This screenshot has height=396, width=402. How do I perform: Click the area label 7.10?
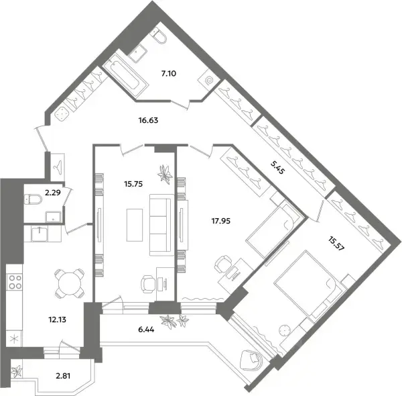[x=169, y=74]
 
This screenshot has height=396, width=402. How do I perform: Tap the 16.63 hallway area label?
[x=148, y=120]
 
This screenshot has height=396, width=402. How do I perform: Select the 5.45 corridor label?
[x=277, y=167]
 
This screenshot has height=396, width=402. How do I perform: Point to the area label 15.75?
[x=133, y=184]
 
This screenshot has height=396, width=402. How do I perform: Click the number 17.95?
[x=220, y=221]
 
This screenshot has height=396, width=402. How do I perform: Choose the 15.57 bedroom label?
[x=336, y=244]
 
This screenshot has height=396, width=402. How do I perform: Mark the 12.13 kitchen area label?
[x=57, y=319]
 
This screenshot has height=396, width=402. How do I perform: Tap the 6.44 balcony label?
[x=146, y=330]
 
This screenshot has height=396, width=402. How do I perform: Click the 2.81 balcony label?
[x=63, y=376]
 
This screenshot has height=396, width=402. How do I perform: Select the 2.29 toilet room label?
[x=53, y=193]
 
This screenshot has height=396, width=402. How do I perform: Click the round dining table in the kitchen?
[x=70, y=283]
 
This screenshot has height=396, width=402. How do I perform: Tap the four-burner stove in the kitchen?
[x=15, y=282]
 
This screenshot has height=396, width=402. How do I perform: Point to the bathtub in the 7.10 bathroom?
[x=126, y=74]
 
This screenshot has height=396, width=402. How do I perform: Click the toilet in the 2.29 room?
[x=33, y=199]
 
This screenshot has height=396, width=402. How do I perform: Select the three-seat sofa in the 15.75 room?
[x=161, y=225]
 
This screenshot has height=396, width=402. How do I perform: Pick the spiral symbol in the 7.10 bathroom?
[x=209, y=80]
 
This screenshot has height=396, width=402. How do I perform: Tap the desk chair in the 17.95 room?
[x=222, y=264]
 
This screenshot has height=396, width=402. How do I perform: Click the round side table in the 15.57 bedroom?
[x=284, y=330]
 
